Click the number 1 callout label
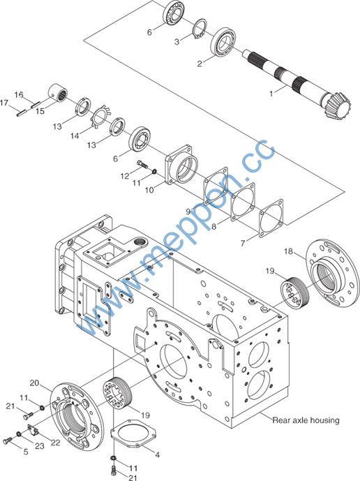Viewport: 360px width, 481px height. pyautogui.click(x=271, y=94)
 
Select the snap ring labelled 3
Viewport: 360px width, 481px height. pyautogui.click(x=200, y=29)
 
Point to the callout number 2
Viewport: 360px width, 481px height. pyautogui.click(x=200, y=64)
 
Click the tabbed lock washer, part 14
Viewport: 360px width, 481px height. pyautogui.click(x=101, y=117)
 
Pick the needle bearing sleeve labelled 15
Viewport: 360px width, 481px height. pyautogui.click(x=58, y=91)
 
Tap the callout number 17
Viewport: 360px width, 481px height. pyautogui.click(x=4, y=103)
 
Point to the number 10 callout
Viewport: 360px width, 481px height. pyautogui.click(x=149, y=190)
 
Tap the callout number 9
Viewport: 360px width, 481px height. pyautogui.click(x=188, y=212)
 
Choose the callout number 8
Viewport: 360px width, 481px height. pyautogui.click(x=214, y=227)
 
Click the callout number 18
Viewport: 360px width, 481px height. pyautogui.click(x=288, y=251)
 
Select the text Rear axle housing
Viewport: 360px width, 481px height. pyautogui.click(x=306, y=420)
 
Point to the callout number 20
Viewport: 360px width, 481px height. pyautogui.click(x=34, y=383)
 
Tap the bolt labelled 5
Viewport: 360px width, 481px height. pyautogui.click(x=7, y=441)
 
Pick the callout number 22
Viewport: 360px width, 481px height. pyautogui.click(x=56, y=443)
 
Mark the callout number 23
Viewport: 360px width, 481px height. pyautogui.click(x=40, y=445)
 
